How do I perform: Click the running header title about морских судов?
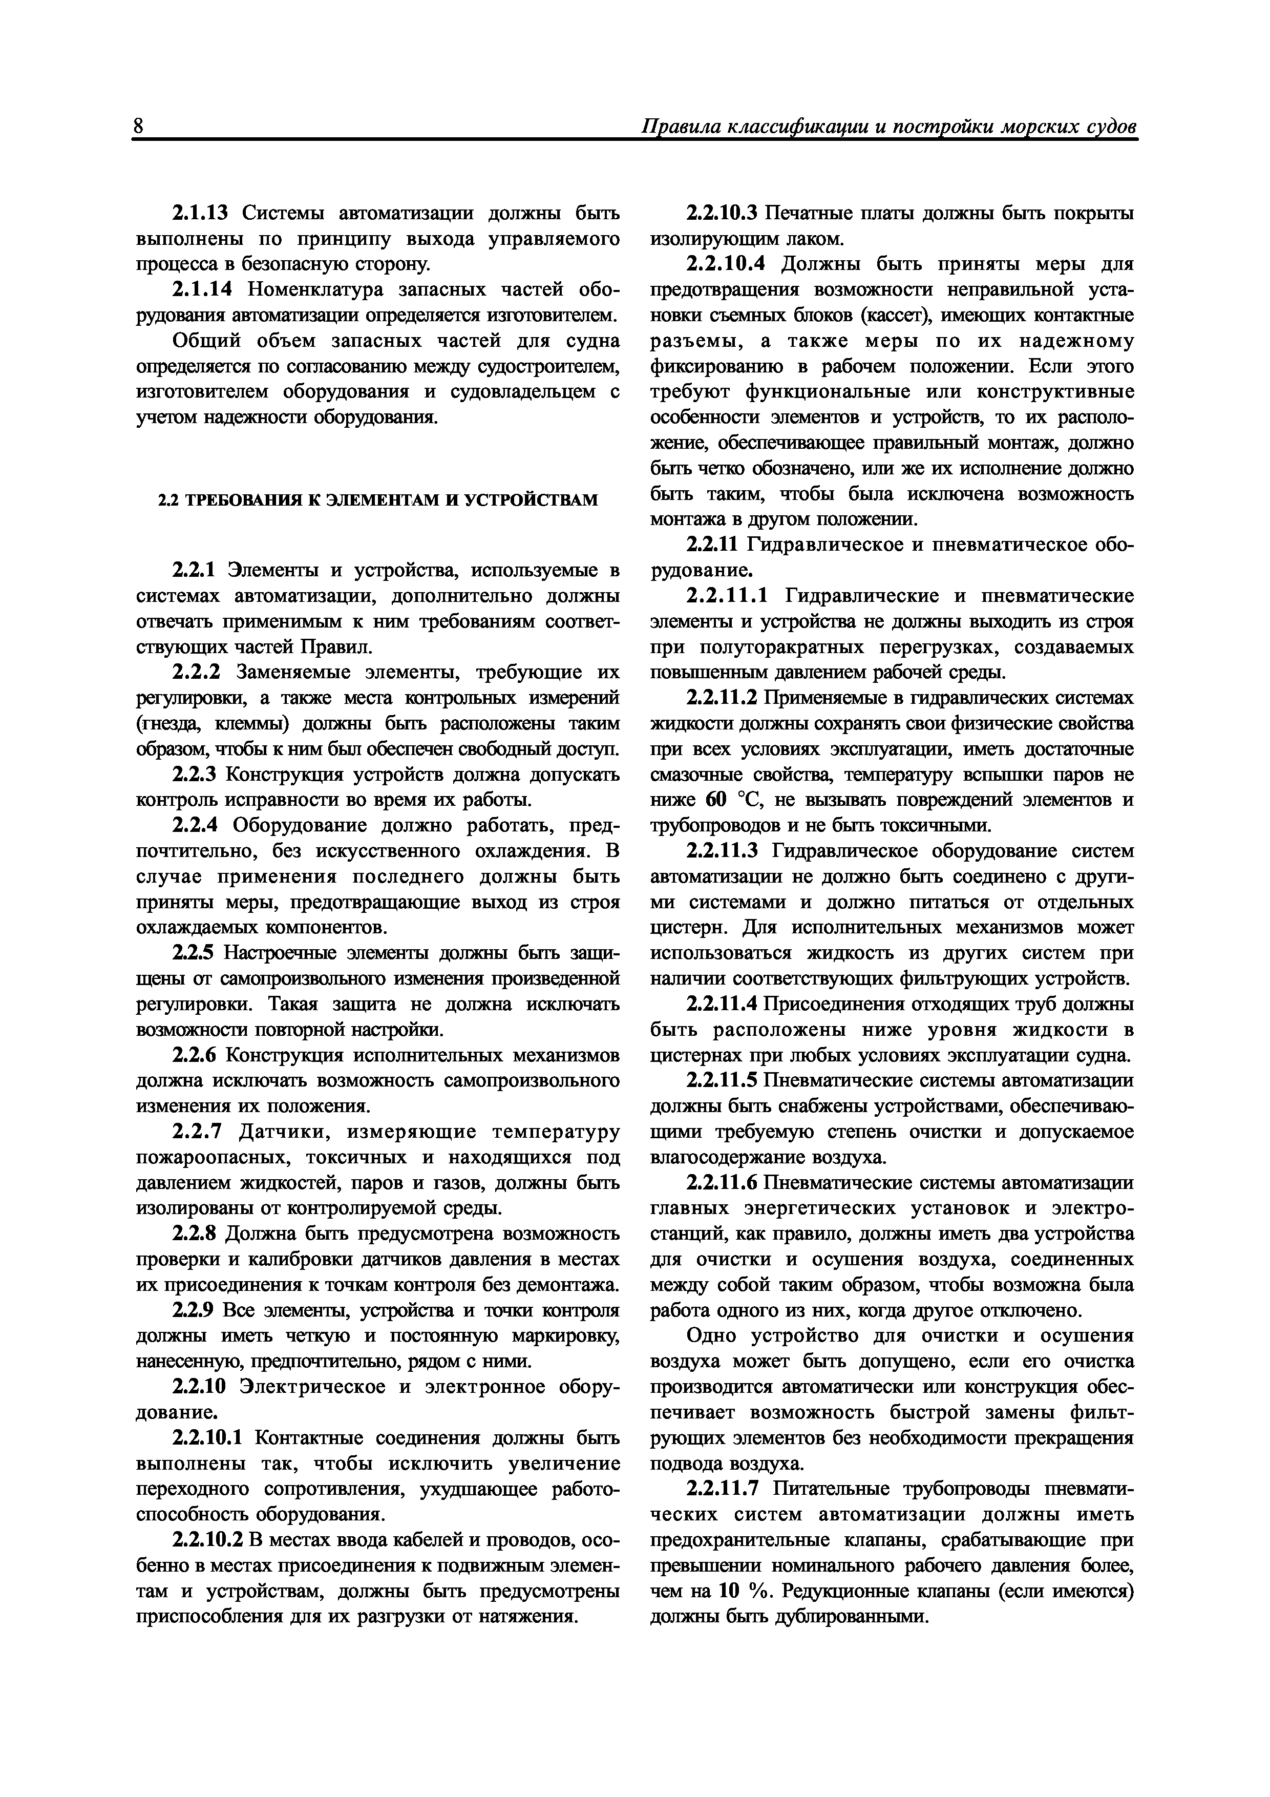tap(888, 128)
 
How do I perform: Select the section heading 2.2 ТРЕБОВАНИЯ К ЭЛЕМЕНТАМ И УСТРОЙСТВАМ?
tap(378, 500)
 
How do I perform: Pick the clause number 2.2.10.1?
tap(207, 1438)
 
